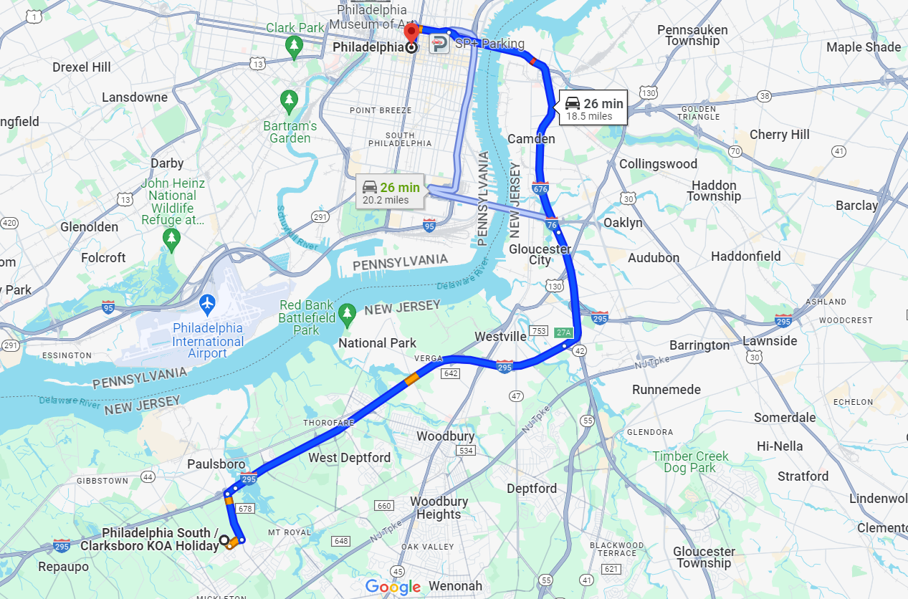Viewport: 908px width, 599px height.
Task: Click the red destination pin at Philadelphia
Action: (x=411, y=32)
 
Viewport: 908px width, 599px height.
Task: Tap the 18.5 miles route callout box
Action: (x=593, y=108)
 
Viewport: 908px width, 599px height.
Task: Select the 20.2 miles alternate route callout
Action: (x=391, y=192)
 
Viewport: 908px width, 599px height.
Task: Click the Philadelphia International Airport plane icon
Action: (x=208, y=304)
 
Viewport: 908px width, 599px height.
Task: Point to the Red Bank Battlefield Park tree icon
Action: (x=348, y=312)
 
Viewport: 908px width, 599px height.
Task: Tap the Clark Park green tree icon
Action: (x=293, y=46)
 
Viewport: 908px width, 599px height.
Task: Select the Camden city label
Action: (x=531, y=139)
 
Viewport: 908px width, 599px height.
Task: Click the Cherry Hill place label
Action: (x=779, y=135)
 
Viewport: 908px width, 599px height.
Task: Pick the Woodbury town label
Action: (x=445, y=436)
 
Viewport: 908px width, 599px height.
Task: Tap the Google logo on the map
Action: (x=393, y=588)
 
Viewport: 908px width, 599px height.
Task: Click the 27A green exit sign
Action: (x=564, y=332)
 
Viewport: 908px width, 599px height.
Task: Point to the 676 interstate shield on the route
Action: (x=540, y=188)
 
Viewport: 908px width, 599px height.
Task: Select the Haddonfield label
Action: (x=745, y=256)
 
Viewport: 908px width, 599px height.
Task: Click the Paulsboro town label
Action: (x=216, y=464)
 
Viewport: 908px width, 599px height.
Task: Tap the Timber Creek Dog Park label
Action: (x=689, y=462)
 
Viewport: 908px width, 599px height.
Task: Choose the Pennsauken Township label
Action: (x=692, y=35)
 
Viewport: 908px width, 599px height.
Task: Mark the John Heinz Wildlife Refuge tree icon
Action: (x=171, y=238)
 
